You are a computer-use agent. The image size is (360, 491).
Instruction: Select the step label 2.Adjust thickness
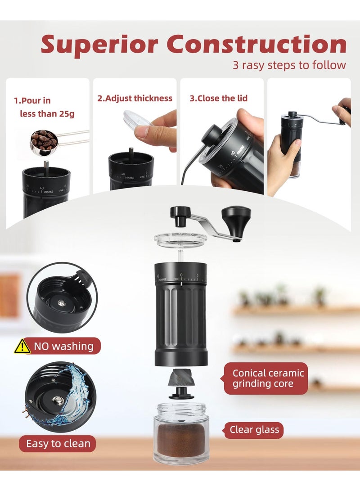click(135, 98)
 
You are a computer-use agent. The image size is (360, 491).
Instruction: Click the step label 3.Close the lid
click(218, 98)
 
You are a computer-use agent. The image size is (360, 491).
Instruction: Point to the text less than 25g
click(47, 114)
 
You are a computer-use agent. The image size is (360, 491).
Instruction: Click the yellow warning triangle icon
click(22, 346)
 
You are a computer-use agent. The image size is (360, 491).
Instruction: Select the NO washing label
click(63, 346)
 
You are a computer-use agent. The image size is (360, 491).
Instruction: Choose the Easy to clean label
click(58, 443)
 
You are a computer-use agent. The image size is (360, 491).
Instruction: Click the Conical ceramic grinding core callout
click(268, 378)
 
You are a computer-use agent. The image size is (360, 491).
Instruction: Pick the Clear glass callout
click(254, 429)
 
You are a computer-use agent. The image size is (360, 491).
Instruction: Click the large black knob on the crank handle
click(236, 217)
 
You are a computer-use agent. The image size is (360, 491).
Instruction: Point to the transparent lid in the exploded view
click(180, 239)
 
